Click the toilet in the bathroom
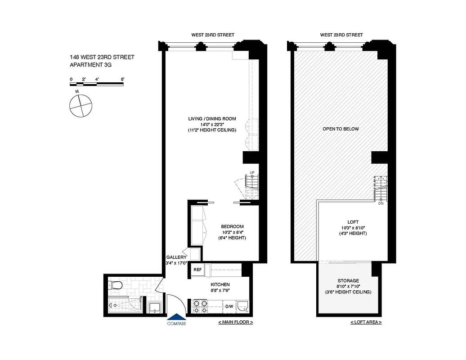point(116,285)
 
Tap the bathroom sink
point(155,307)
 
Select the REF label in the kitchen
point(197,270)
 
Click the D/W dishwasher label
point(229,307)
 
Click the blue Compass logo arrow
point(176,317)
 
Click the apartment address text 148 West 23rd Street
point(102,57)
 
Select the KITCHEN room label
point(220,285)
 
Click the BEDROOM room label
point(232,226)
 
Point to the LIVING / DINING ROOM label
point(212,119)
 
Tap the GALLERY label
point(176,257)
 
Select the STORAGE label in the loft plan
point(348,281)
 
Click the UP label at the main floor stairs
point(252,173)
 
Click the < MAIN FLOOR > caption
point(235,323)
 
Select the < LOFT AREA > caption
point(366,323)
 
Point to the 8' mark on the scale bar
point(122,79)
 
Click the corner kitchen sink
point(243,306)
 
